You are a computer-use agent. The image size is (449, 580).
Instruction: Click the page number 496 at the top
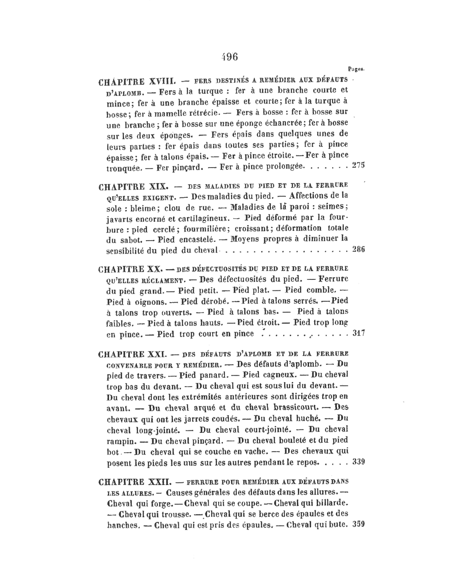coord(229,57)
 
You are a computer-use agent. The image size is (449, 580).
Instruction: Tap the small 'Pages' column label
coord(356,69)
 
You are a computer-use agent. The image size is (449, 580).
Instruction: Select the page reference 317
coord(358,333)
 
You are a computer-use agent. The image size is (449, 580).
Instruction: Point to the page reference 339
coord(358,462)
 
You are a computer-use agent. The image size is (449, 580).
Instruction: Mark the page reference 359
coord(358,525)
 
